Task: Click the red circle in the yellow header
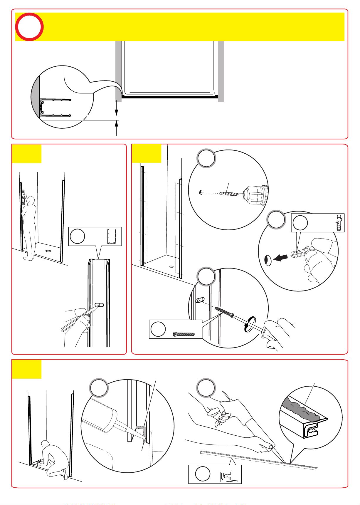[x=29, y=26]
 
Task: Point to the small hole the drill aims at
[x=200, y=193]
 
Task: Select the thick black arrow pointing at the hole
[x=281, y=258]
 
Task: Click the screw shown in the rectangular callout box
[x=184, y=334]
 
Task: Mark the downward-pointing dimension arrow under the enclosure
[x=117, y=113]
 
